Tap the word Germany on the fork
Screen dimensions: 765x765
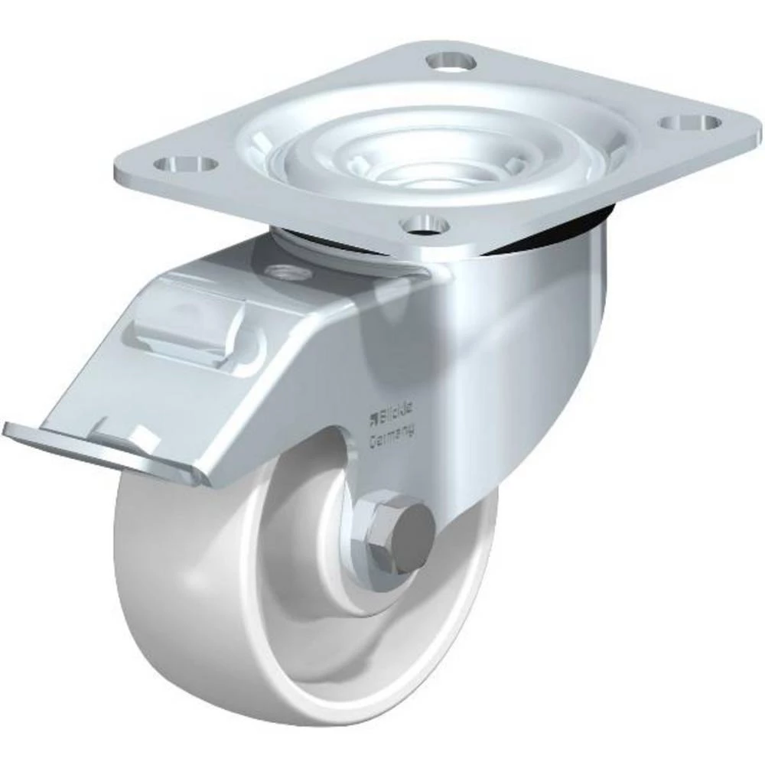pos(392,436)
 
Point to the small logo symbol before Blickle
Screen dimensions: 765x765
pos(374,416)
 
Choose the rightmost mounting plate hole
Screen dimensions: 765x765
pos(692,122)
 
